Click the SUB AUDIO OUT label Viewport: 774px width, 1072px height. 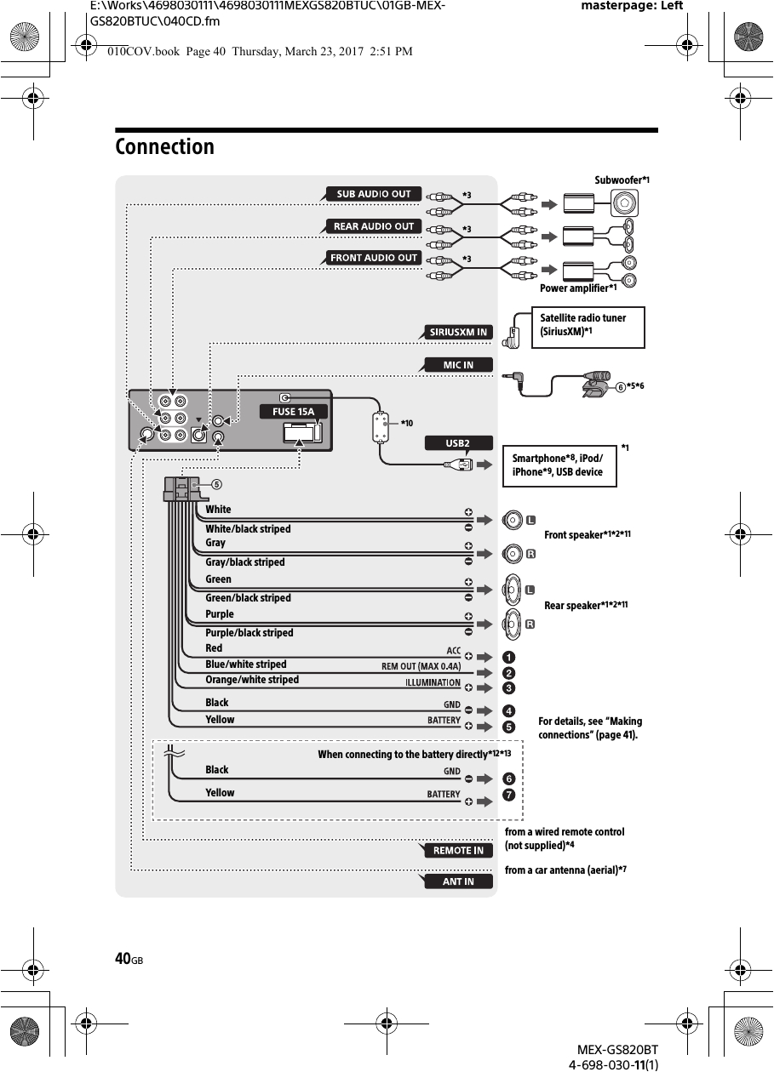[x=373, y=194]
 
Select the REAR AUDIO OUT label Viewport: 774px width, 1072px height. [x=373, y=226]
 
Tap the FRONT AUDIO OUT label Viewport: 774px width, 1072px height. [x=373, y=258]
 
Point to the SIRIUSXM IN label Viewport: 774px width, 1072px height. [x=458, y=332]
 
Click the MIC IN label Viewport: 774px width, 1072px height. [x=458, y=365]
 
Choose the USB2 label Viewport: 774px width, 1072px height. [x=458, y=443]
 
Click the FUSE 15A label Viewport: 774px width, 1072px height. [x=293, y=412]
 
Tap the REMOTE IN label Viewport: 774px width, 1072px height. [x=458, y=850]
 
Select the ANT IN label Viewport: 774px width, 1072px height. [x=458, y=881]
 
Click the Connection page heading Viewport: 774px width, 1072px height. [x=165, y=147]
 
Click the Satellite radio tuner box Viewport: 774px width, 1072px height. [x=588, y=327]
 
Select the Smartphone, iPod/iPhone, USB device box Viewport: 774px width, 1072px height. [x=559, y=465]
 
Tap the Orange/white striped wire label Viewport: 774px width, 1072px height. [x=252, y=680]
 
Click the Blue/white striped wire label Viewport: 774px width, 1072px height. [x=246, y=664]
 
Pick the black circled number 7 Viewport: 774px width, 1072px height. [x=507, y=795]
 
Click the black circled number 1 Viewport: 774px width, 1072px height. [x=507, y=657]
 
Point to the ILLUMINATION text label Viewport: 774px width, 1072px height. [x=432, y=683]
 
